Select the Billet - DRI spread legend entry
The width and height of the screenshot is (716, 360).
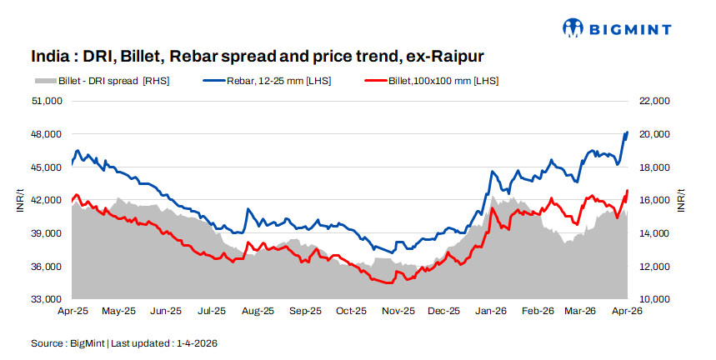click(100, 81)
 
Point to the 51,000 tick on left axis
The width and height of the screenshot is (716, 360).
click(48, 101)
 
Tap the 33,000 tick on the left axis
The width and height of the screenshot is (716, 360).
click(48, 299)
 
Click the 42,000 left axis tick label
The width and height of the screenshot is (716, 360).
click(48, 200)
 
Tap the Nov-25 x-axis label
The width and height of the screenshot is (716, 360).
click(398, 311)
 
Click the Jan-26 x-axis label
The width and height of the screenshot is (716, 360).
click(491, 311)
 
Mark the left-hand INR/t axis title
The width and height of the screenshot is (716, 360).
click(19, 200)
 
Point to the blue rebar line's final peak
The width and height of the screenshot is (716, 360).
click(627, 132)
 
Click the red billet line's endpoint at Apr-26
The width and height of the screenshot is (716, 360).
click(627, 191)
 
